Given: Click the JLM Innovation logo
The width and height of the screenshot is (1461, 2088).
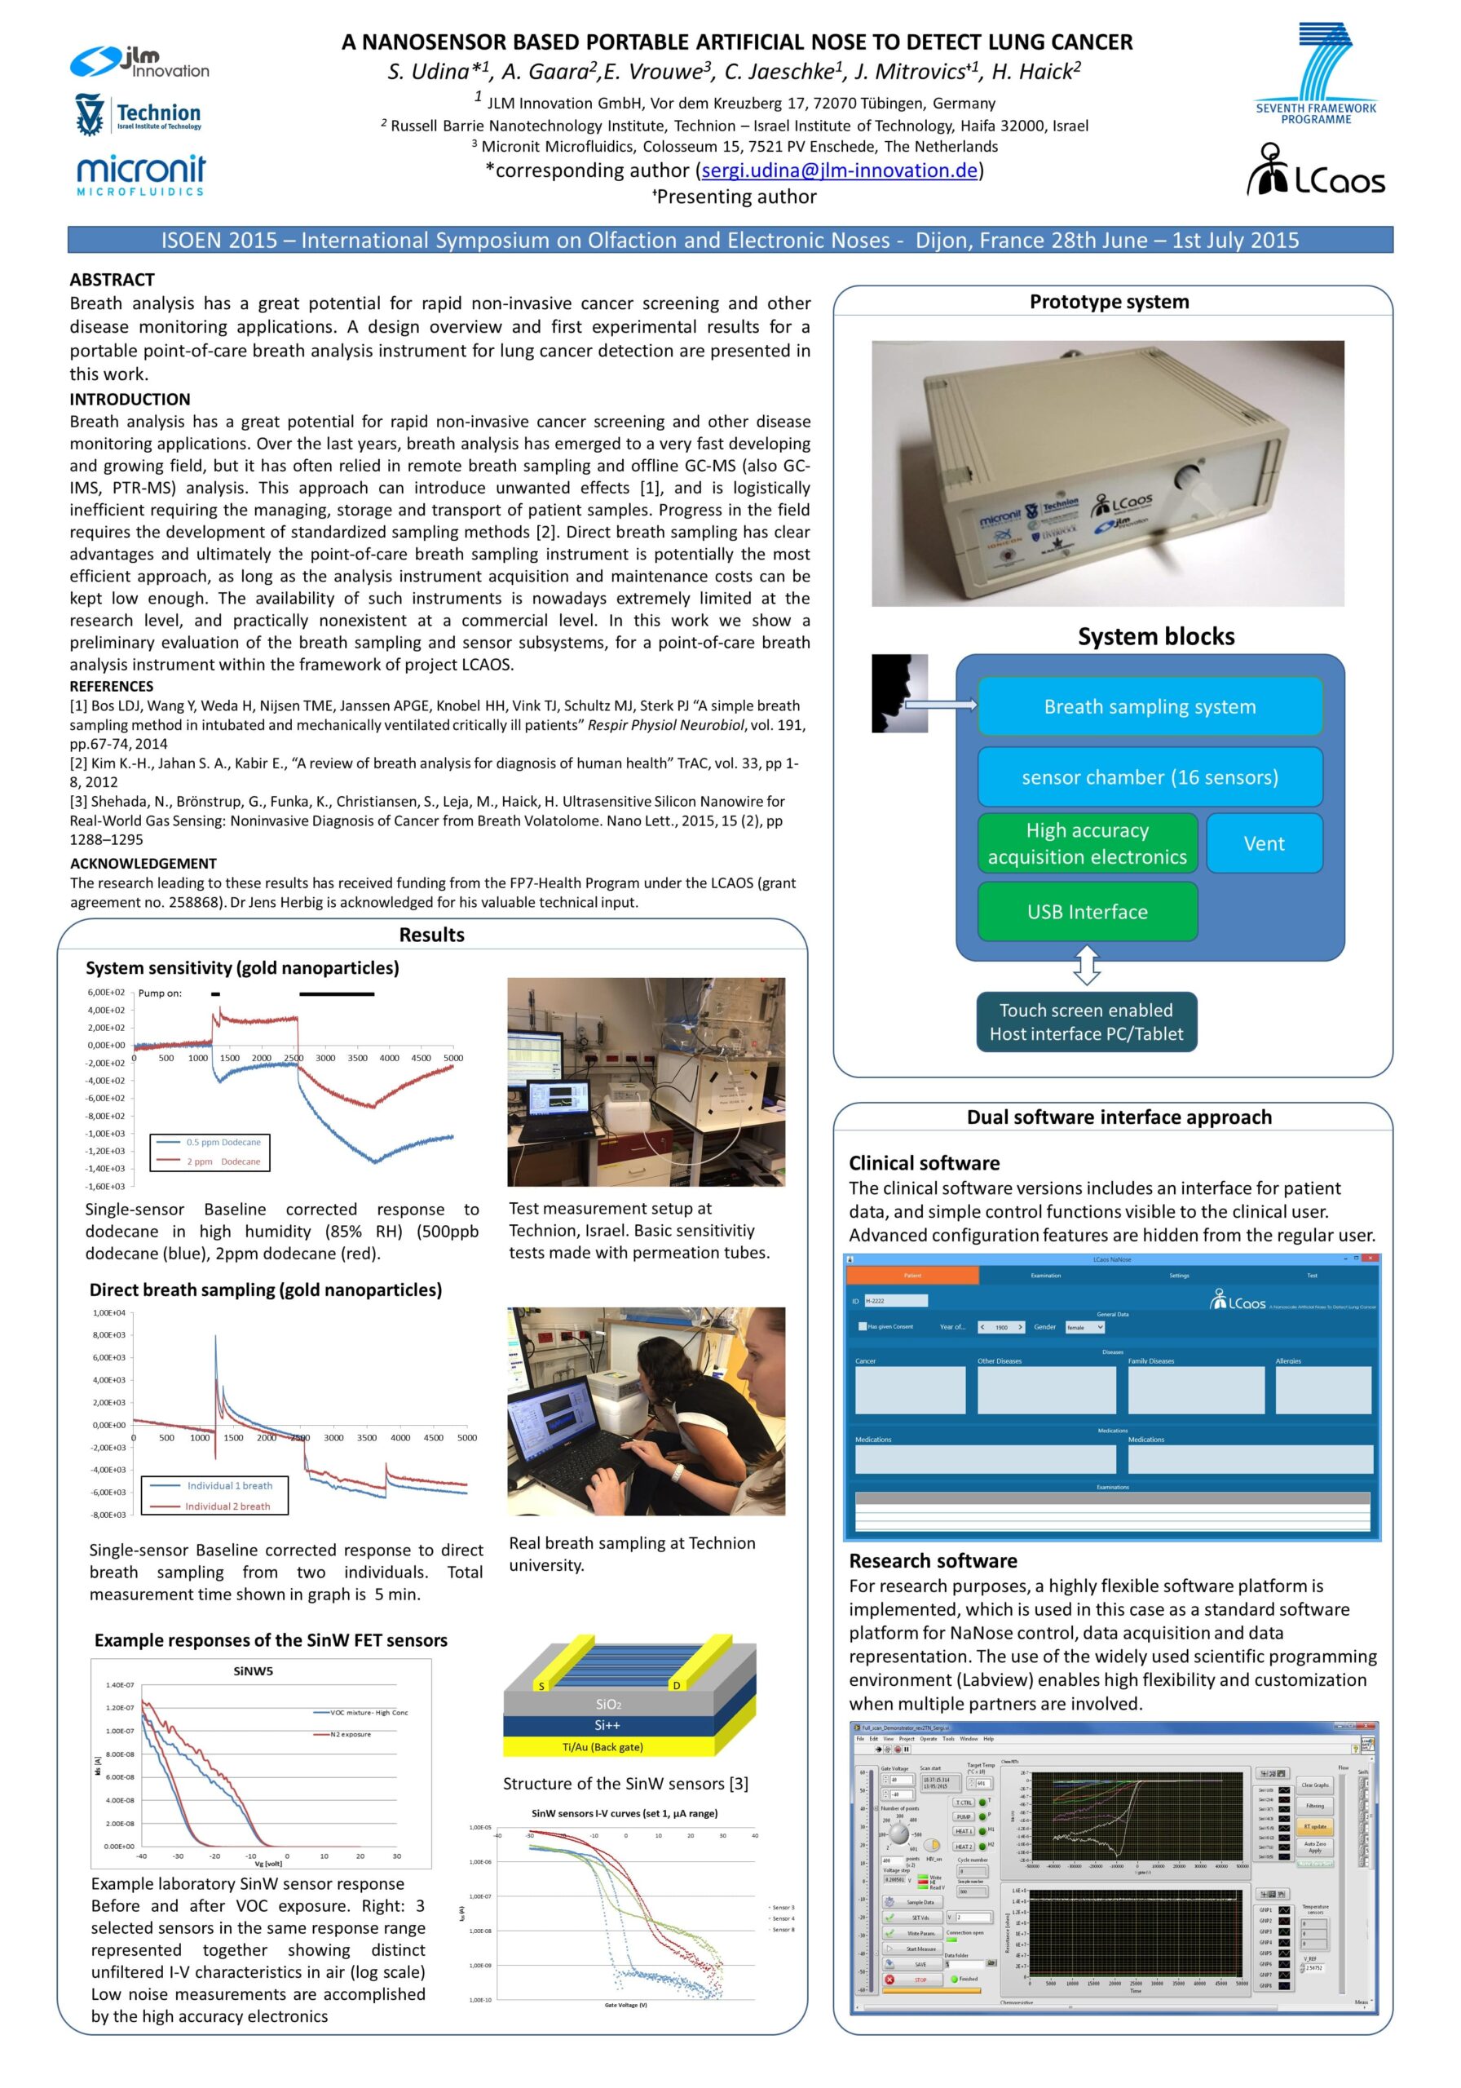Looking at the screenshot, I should click(x=139, y=61).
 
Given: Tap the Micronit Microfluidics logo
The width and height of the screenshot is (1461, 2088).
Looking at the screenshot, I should click(x=141, y=174).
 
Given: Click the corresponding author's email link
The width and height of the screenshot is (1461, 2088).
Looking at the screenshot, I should click(x=839, y=170).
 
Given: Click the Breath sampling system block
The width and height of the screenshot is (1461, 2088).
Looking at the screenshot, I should click(x=1150, y=706).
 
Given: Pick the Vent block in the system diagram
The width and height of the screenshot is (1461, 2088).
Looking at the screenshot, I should click(x=1263, y=843).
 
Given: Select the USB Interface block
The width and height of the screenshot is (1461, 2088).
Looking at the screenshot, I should click(x=1087, y=911).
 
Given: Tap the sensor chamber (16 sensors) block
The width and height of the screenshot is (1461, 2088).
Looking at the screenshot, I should click(x=1150, y=776).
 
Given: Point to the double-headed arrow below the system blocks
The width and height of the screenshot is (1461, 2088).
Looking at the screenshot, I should click(x=1087, y=966).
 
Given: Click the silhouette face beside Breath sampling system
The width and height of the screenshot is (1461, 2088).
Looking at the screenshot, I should click(x=898, y=692).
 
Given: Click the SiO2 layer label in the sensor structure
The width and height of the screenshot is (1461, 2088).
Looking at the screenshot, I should click(x=608, y=1703).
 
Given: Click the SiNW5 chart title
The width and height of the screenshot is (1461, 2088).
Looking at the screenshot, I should click(x=253, y=1670).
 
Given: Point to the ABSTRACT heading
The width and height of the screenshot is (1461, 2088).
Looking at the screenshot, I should click(x=112, y=279).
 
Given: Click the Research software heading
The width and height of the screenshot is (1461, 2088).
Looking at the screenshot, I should click(x=933, y=1560).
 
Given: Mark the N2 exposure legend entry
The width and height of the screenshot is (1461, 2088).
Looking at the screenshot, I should click(x=350, y=1734).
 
